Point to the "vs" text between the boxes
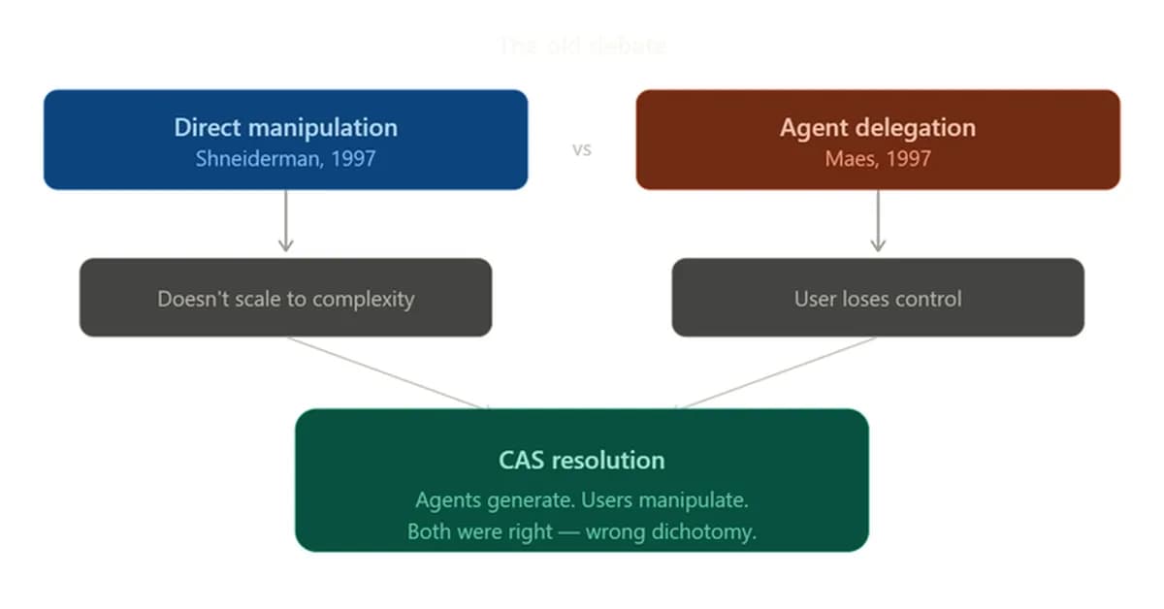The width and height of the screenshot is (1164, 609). point(582,150)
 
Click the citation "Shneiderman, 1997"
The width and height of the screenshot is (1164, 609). point(285,159)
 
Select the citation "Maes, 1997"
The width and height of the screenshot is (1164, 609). point(878,159)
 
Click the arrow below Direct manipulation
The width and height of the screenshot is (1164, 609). point(285,221)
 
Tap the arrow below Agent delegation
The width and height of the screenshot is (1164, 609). point(878,221)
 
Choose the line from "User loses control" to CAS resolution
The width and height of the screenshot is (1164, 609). point(776,372)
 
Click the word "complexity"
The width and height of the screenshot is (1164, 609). point(365,299)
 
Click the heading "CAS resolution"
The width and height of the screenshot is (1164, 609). point(582,460)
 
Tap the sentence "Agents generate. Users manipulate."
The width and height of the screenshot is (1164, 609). point(582,501)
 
